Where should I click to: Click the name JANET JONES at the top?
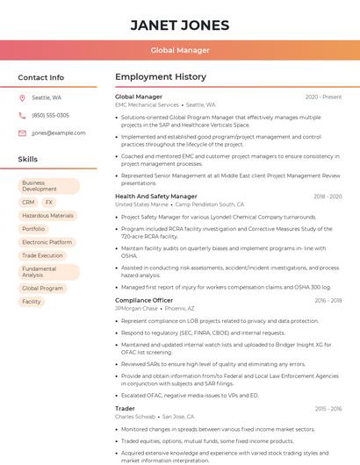click(179, 25)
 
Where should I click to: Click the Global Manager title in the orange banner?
click(179, 50)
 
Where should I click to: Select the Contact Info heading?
click(41, 77)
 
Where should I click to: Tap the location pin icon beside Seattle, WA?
click(22, 97)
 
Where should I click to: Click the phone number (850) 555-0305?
click(50, 115)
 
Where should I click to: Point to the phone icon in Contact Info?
click(22, 115)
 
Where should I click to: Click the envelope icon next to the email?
click(22, 132)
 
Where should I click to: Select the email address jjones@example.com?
click(53, 132)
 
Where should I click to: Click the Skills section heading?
click(28, 160)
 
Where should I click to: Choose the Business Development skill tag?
click(48, 186)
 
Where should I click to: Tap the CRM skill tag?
click(29, 202)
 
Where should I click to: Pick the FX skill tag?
click(49, 202)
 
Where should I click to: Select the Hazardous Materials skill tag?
click(48, 215)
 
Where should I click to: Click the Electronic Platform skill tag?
click(47, 242)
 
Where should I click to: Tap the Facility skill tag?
click(32, 301)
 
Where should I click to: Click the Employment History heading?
click(161, 77)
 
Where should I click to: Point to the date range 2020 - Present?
click(323, 97)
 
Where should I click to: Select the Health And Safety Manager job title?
click(156, 197)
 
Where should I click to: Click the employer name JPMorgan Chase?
click(136, 308)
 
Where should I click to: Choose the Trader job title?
click(126, 408)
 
